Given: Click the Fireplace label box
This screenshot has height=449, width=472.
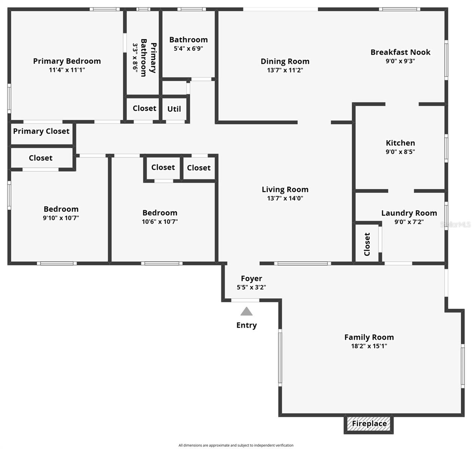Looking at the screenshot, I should click(369, 424).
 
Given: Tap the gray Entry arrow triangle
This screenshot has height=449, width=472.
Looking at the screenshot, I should click(246, 311).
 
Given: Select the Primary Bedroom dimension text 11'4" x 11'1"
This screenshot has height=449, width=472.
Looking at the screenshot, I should click(67, 70).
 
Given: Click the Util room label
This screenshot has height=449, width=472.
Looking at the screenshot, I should click(174, 109).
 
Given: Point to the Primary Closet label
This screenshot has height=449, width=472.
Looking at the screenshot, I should click(41, 131).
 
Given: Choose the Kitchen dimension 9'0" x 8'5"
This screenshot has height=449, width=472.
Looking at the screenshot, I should click(400, 152).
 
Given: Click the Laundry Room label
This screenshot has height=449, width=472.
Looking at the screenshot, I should click(409, 213).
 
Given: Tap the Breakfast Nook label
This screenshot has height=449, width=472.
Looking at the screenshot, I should click(401, 52).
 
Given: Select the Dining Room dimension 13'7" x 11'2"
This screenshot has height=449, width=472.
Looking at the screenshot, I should click(285, 70).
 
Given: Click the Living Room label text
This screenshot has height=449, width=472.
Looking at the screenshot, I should click(285, 190).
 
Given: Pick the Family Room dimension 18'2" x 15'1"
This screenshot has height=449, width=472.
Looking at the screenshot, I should click(369, 346).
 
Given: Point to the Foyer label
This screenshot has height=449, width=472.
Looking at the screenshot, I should click(251, 279).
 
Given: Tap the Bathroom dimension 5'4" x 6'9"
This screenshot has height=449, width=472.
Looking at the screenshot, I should click(188, 48).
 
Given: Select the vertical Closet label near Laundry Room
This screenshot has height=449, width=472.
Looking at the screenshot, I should click(367, 244).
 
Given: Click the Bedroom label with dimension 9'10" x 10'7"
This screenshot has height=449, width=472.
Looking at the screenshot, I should click(61, 209).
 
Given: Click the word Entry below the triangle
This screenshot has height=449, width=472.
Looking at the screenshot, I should click(246, 325).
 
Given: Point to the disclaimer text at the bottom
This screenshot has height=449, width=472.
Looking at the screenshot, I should click(236, 445).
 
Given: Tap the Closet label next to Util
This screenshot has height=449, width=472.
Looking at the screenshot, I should click(144, 109).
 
